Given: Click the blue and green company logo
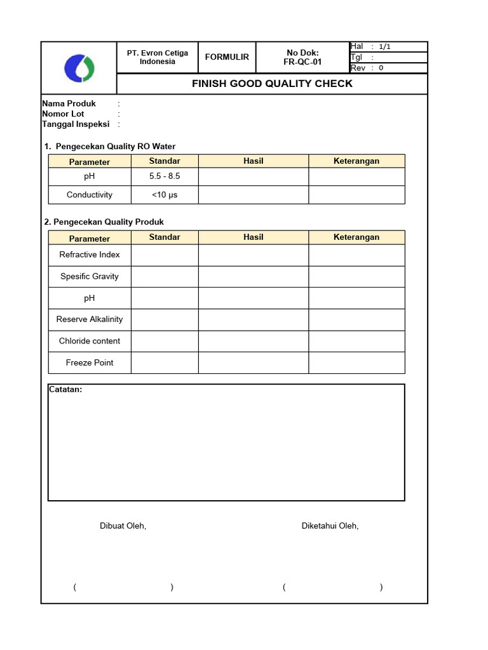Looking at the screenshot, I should (79, 68).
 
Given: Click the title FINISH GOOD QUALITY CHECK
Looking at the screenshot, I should (272, 84).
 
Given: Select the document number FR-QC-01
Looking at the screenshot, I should (302, 62).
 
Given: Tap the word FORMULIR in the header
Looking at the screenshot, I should (227, 57).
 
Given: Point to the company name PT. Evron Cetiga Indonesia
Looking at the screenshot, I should (158, 57).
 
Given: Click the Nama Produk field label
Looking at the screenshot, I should (69, 103).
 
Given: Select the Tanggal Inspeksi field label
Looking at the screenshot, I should (76, 124).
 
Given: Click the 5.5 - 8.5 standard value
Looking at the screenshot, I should (165, 176).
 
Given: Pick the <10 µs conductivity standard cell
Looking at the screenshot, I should (165, 195).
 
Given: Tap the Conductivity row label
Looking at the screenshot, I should (90, 195).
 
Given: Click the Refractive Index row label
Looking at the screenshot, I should (90, 255).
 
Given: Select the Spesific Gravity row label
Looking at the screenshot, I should (90, 276).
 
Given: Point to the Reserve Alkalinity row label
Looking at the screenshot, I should (90, 319).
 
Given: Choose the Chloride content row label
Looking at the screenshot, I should (90, 341).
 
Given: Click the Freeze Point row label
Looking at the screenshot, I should (90, 362).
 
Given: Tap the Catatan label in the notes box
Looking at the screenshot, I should (65, 390).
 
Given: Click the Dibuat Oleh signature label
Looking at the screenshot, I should (123, 526).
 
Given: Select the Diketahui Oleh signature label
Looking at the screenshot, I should (330, 526).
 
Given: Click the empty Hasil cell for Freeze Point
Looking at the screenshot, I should (253, 362).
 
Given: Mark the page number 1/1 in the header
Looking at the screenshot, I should (385, 46).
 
